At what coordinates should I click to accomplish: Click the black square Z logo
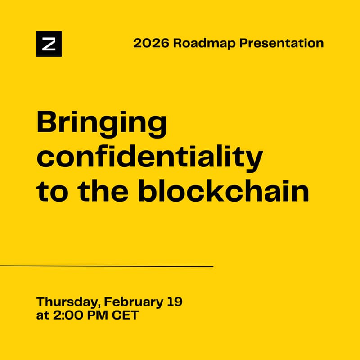tap(49, 44)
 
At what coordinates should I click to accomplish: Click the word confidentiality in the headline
tap(149, 156)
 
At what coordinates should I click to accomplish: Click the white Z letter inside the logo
tap(49, 44)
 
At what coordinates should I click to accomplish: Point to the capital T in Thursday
tap(40, 301)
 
